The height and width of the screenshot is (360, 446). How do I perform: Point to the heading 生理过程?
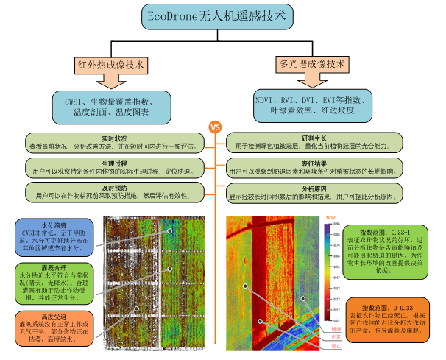[115, 163]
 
